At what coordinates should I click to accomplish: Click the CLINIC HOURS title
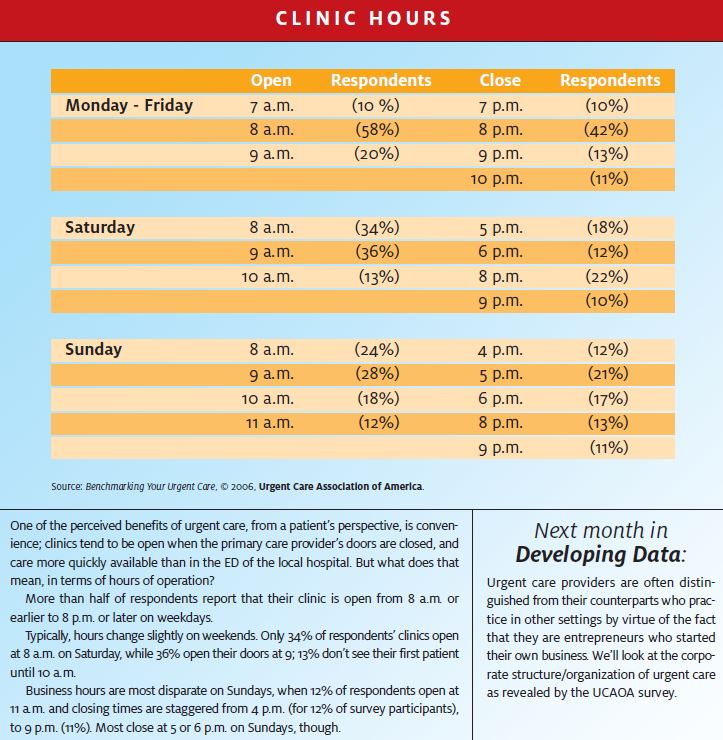(363, 18)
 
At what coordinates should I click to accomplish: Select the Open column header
(271, 80)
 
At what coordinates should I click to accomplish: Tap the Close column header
(500, 80)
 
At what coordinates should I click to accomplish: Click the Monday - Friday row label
(129, 105)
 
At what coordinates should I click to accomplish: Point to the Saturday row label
(100, 227)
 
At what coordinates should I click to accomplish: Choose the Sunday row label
(93, 349)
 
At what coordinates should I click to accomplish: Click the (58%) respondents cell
(378, 129)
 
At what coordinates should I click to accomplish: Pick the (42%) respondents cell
(606, 129)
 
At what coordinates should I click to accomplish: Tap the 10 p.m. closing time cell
(496, 179)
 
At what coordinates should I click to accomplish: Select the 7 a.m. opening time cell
(272, 105)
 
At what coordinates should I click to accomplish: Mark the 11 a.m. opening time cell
(269, 422)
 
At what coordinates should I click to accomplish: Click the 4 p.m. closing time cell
(500, 350)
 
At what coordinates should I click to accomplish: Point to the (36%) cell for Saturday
(378, 252)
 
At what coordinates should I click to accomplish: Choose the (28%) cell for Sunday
(378, 374)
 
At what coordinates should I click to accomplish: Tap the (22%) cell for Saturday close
(607, 276)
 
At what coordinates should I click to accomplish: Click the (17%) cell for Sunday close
(608, 398)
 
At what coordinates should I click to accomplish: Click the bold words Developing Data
(598, 554)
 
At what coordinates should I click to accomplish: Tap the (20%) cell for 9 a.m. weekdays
(377, 154)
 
